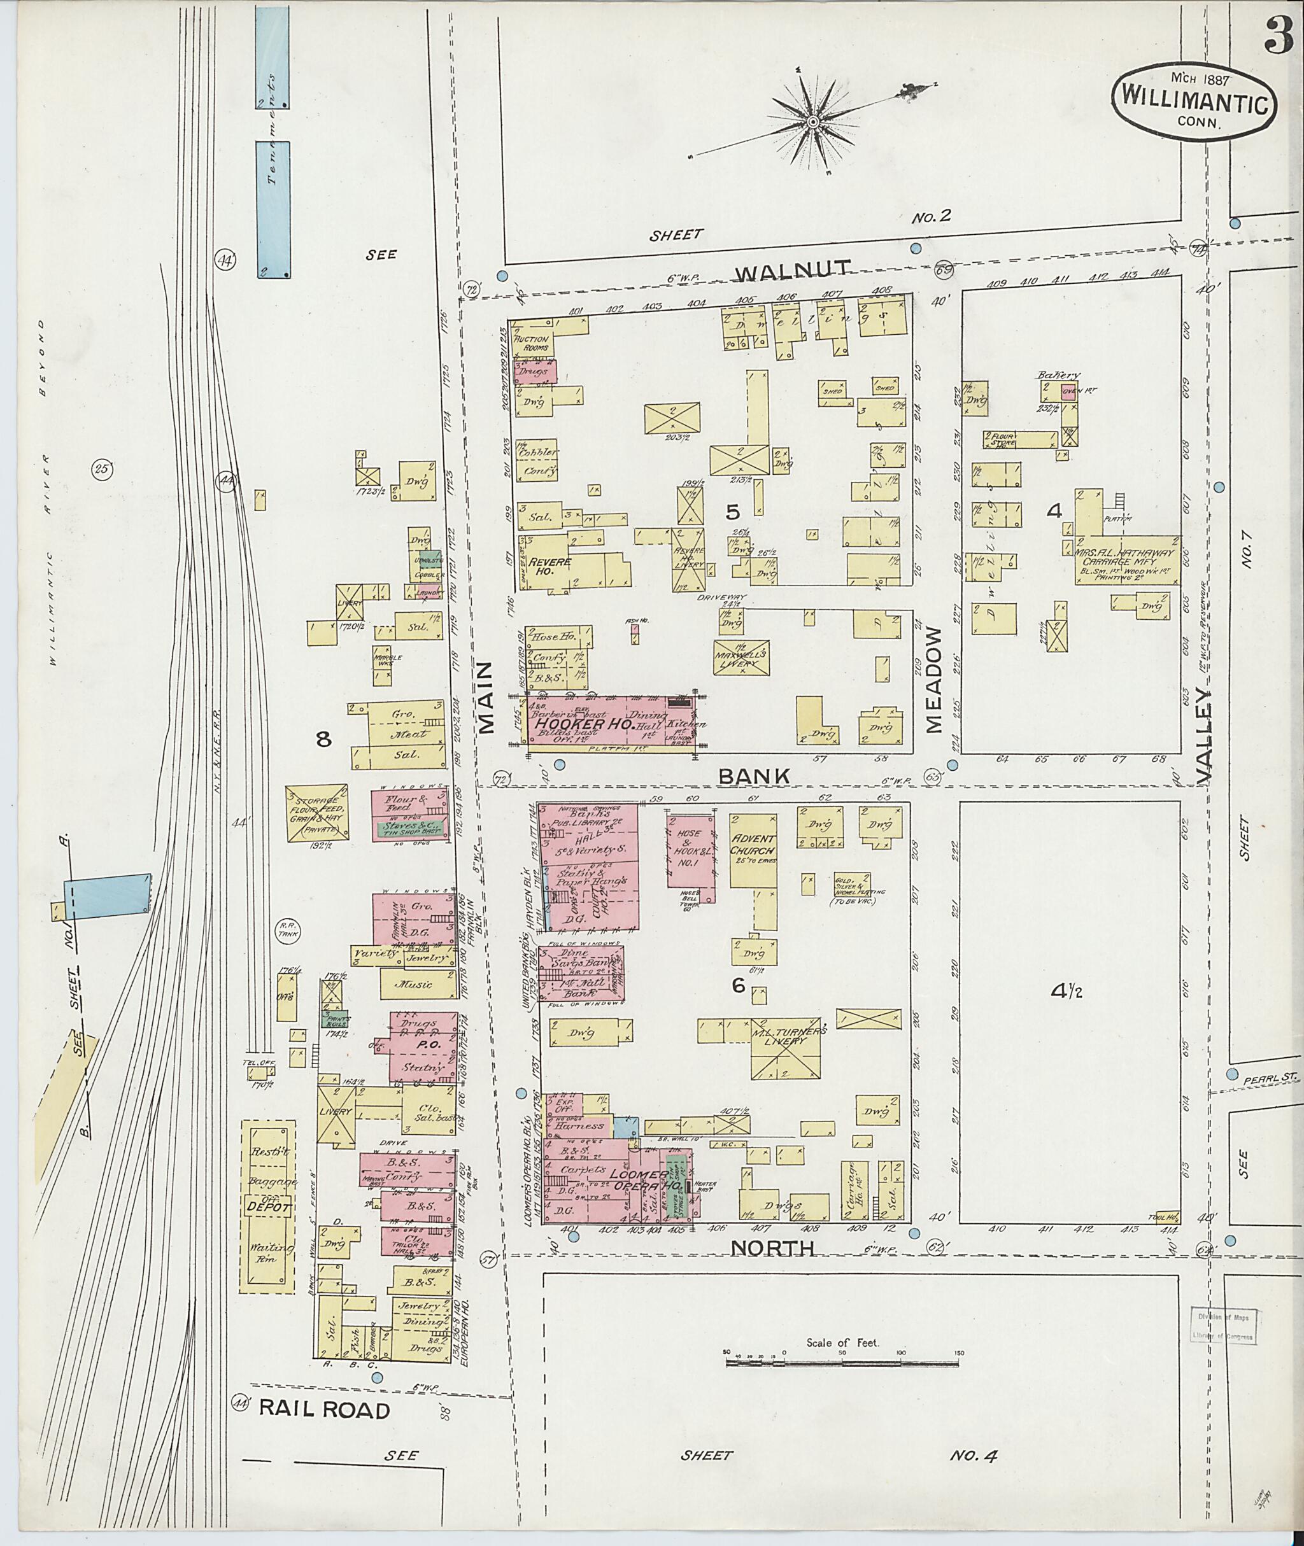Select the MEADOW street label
(935, 680)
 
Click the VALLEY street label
(1204, 736)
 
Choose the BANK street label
(754, 776)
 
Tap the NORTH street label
(772, 1248)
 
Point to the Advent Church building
(753, 850)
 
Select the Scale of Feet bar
(843, 1359)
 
